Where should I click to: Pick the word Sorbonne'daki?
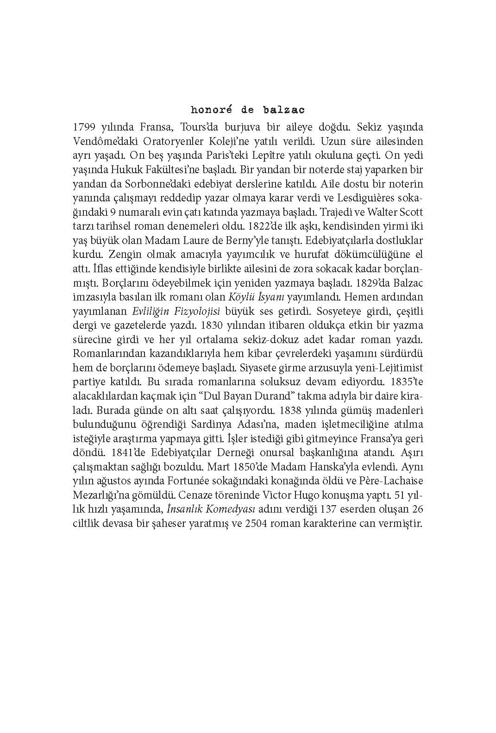click(143, 184)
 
